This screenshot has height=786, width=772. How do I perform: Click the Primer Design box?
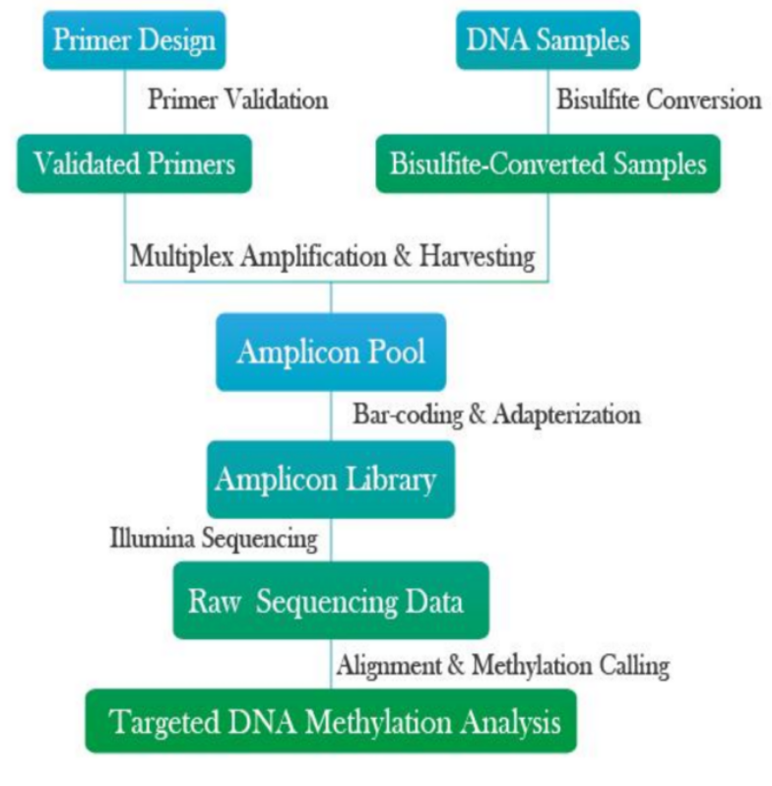133,41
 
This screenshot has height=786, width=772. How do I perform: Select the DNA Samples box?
547,41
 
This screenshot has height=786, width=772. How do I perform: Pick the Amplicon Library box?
331,480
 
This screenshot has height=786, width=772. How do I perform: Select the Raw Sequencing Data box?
331,600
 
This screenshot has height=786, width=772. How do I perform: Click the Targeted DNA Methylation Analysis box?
331,723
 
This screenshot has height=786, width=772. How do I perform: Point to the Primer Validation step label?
237,100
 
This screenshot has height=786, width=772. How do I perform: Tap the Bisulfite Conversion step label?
659,100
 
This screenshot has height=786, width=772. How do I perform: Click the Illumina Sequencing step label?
214,539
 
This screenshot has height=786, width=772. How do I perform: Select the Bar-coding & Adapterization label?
496,415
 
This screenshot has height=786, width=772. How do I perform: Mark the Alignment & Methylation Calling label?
503,666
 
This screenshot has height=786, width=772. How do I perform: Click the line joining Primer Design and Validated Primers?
125,102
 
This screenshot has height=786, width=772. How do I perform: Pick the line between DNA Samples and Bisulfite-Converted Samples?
548,102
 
